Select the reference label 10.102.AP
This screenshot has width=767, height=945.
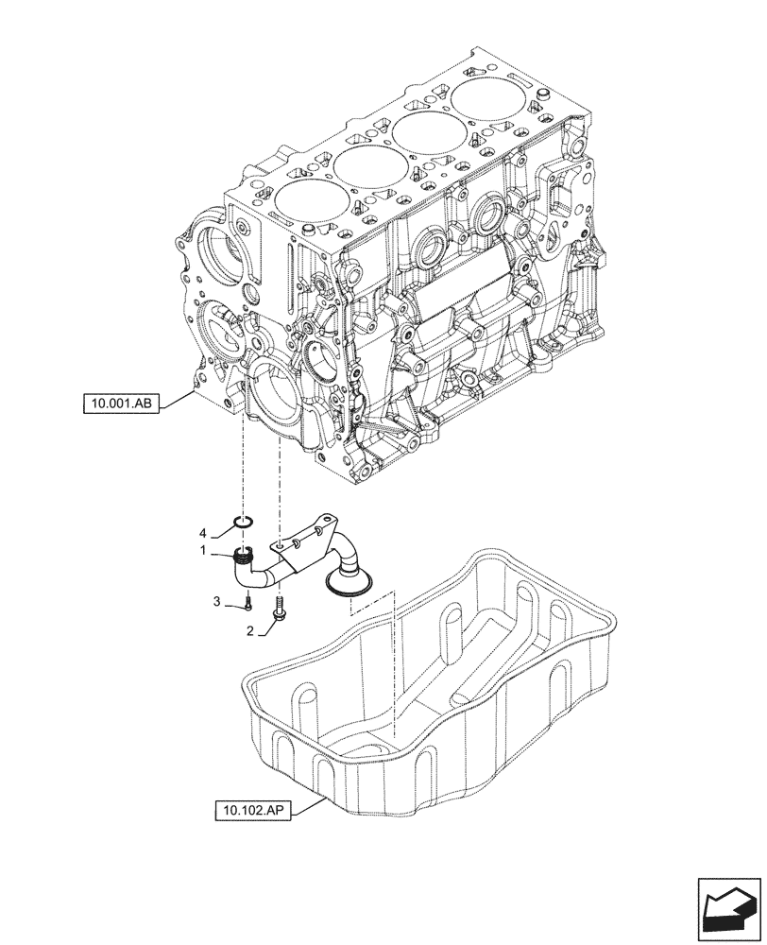[256, 810]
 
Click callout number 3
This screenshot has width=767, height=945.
[215, 601]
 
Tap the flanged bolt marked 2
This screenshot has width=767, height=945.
[279, 609]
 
